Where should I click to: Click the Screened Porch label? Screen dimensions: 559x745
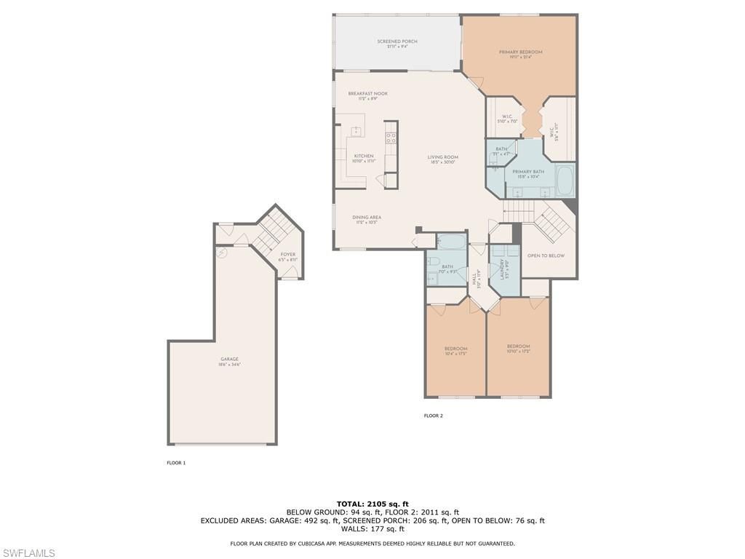[397, 41]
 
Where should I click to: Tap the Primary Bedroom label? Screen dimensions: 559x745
[520, 52]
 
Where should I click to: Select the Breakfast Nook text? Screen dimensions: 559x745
[367, 93]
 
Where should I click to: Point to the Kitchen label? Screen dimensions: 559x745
[364, 156]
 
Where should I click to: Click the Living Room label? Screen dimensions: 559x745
[442, 157]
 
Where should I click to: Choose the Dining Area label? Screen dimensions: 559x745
[367, 217]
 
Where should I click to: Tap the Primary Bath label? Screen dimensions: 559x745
[528, 172]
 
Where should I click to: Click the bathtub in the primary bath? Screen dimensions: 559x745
[565, 180]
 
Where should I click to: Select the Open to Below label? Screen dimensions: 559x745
[546, 255]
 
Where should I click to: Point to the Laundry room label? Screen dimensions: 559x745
[502, 269]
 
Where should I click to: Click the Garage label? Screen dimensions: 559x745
[229, 359]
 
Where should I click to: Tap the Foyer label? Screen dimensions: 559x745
[288, 255]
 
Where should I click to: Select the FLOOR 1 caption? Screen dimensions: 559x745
[176, 463]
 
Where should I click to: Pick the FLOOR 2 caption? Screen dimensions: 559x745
[433, 416]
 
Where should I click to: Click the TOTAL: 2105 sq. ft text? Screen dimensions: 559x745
[372, 504]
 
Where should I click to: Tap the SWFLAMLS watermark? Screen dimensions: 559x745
[28, 553]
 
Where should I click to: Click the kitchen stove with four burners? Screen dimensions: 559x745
[391, 139]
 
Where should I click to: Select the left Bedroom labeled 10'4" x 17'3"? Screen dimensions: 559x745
[455, 349]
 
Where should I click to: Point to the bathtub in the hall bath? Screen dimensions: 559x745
[452, 242]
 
